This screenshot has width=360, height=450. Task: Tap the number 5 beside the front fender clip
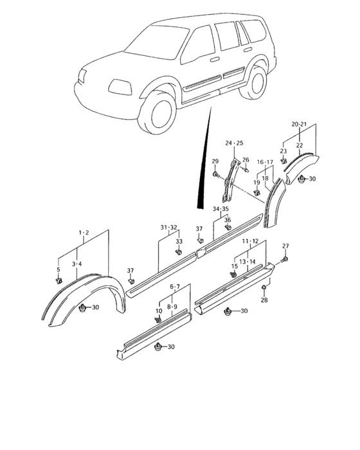(x=58, y=269)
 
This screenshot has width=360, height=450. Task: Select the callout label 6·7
(x=174, y=287)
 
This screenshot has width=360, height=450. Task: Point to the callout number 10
(x=158, y=311)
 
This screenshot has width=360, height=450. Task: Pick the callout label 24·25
(x=234, y=143)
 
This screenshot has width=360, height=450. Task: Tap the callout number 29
(x=215, y=161)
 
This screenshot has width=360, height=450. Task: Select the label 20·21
(x=300, y=123)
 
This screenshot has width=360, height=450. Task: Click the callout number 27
(x=285, y=246)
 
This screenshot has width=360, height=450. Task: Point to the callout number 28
(x=264, y=300)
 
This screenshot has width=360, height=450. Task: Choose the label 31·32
(x=169, y=227)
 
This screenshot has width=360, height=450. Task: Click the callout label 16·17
(x=265, y=163)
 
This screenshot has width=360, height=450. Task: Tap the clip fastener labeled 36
(x=228, y=228)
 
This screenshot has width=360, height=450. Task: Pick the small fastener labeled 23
(x=283, y=162)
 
